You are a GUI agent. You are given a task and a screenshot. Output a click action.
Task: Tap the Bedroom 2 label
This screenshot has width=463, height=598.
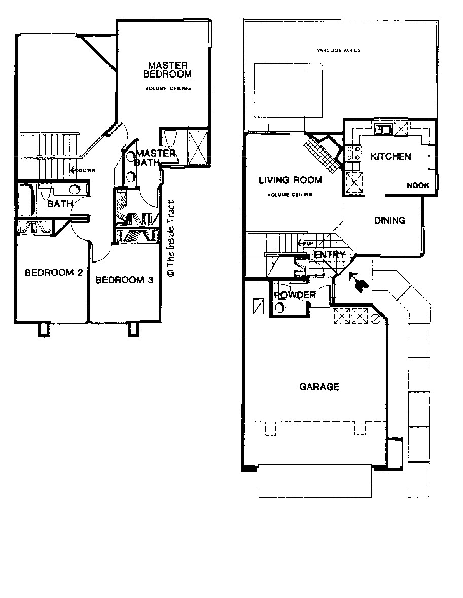pyautogui.click(x=54, y=273)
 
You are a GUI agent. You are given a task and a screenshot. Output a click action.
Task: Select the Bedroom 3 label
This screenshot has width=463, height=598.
pyautogui.click(x=124, y=280)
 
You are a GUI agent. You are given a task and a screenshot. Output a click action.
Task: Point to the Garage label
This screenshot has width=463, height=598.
pyautogui.click(x=319, y=387)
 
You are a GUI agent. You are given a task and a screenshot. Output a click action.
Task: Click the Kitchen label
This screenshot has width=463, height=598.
pyautogui.click(x=390, y=156)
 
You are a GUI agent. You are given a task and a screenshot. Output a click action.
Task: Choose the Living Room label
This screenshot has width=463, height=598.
pyautogui.click(x=290, y=180)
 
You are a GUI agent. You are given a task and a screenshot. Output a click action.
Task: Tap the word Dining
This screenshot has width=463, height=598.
pyautogui.click(x=389, y=220)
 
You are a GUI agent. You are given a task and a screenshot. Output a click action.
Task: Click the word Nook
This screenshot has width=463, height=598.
pyautogui.click(x=418, y=185)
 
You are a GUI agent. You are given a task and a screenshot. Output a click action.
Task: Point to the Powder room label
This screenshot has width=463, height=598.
pyautogui.click(x=295, y=295)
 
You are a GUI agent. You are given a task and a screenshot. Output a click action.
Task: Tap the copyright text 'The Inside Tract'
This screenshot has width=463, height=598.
pyautogui.click(x=170, y=238)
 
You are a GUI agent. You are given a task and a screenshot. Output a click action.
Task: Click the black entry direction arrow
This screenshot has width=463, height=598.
pyautogui.click(x=359, y=283)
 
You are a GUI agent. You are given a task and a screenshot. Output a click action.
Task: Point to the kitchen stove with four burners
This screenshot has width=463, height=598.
pyautogui.click(x=353, y=153)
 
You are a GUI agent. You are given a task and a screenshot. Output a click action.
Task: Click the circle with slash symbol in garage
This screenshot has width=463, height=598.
pyautogui.click(x=376, y=319)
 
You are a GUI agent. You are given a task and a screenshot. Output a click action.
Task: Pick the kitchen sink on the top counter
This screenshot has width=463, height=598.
pyautogui.click(x=382, y=129)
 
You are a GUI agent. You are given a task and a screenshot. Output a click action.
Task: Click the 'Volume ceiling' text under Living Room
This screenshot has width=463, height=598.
pyautogui.click(x=291, y=195)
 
